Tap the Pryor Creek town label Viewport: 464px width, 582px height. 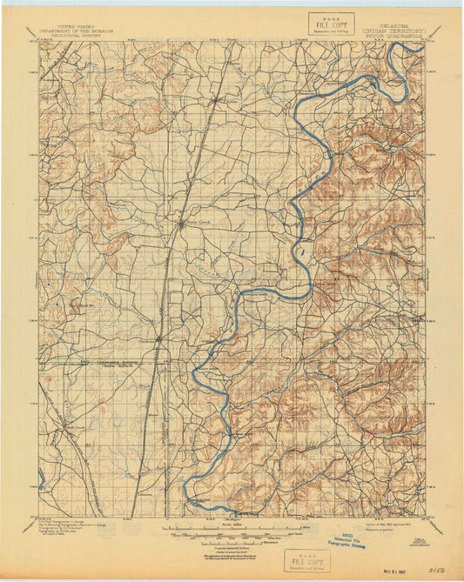[x=194, y=222]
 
